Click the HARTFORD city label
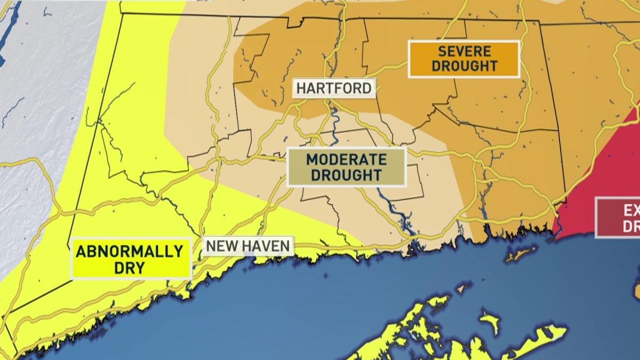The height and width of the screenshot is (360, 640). click(334, 88)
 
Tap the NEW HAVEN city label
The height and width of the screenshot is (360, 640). click(248, 246)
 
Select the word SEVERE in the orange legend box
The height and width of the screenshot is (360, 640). click(464, 52)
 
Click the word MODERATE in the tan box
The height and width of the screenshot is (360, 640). click(347, 159)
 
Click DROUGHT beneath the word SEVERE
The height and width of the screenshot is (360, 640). click(464, 66)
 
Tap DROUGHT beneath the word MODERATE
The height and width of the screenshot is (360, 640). click(347, 175)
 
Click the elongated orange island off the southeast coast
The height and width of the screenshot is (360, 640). click(521, 254)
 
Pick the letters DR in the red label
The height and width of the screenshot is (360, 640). click(631, 226)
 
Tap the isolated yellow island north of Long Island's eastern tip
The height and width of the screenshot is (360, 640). click(490, 322)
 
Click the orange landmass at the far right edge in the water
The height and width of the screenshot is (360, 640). click(637, 291)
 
